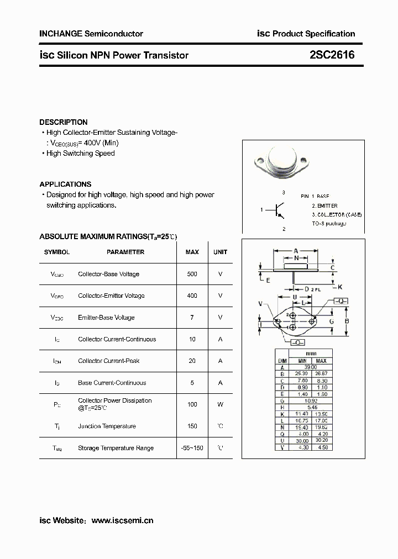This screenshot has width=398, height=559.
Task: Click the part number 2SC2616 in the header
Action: tap(332, 55)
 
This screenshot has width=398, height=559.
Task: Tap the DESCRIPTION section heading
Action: tap(64, 122)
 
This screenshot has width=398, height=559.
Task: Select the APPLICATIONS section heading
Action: tap(65, 184)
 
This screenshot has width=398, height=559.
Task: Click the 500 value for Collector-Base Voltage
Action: tap(192, 274)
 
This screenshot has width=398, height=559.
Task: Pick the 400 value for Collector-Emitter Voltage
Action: tap(192, 296)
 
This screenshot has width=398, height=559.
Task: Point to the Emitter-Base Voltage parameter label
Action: tap(106, 318)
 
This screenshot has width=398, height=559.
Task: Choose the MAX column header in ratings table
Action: tap(192, 252)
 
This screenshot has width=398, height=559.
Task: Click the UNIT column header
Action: tap(220, 252)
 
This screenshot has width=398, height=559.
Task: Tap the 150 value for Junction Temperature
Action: tap(192, 426)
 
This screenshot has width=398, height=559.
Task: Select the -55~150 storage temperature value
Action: tap(192, 448)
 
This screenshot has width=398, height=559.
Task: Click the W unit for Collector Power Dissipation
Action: tap(220, 404)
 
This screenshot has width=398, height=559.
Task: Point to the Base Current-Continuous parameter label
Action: tap(112, 383)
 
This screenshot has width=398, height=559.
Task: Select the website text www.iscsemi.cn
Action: tap(122, 520)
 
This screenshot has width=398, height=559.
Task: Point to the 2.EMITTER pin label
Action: tap(324, 205)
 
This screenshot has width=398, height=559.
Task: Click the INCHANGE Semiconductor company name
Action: tap(91, 34)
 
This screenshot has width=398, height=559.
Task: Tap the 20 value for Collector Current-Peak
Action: tap(192, 361)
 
